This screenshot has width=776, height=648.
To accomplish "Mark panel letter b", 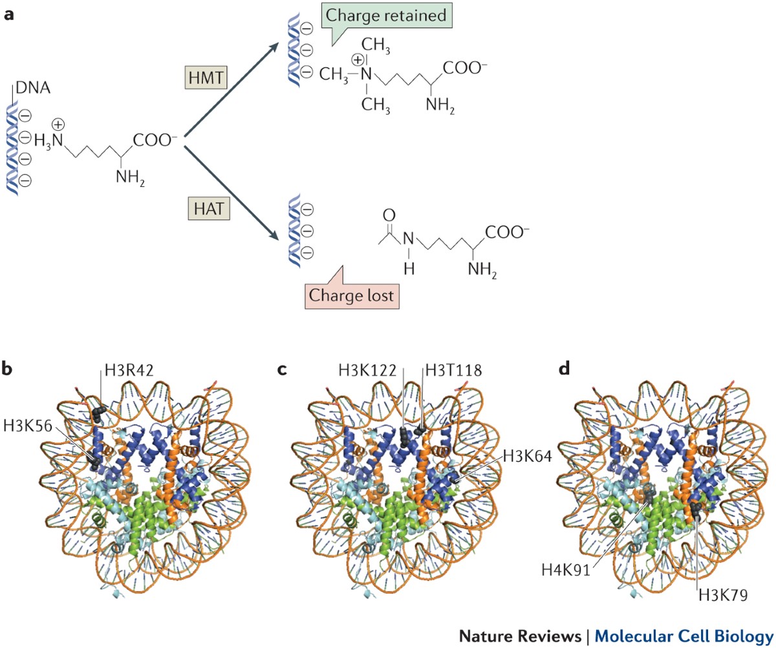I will coord(9,369).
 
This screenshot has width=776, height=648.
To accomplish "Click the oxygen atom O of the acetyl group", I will coord(389,214).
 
